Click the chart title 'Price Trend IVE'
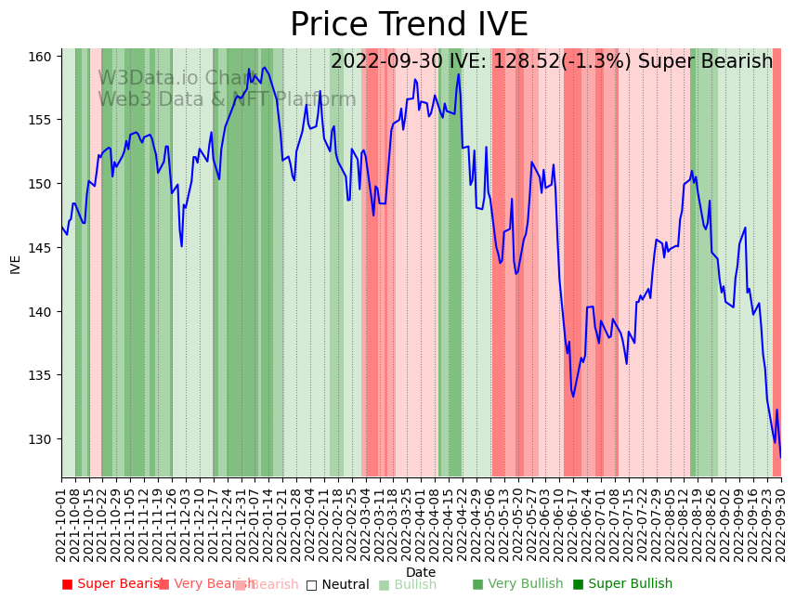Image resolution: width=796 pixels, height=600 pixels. [x=409, y=25]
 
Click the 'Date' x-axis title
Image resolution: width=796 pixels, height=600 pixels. [x=421, y=572]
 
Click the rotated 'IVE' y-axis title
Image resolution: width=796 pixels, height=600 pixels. [x=16, y=264]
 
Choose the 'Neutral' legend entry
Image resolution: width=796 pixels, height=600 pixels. [x=338, y=585]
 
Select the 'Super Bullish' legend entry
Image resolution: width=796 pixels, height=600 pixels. [x=622, y=584]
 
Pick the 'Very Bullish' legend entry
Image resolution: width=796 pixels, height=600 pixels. [x=517, y=584]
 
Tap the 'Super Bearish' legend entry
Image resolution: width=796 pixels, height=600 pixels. [x=113, y=584]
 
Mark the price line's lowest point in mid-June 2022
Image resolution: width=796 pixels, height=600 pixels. [x=573, y=397]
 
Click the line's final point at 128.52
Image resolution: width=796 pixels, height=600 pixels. [x=780, y=457]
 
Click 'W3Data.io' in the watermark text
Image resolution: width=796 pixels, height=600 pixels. [x=149, y=78]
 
